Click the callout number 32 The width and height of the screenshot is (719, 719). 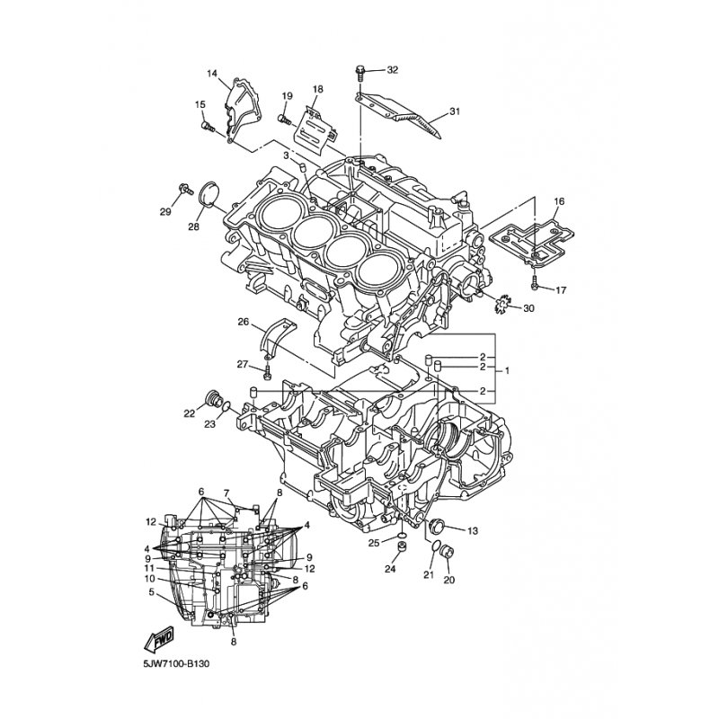pyautogui.click(x=393, y=70)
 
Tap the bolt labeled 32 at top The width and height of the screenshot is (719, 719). pyautogui.click(x=360, y=74)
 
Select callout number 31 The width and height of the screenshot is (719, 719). pyautogui.click(x=455, y=111)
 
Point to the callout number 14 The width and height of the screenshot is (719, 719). pyautogui.click(x=212, y=74)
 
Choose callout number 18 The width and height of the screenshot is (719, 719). pyautogui.click(x=317, y=88)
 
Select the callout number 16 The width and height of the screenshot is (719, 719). pyautogui.click(x=559, y=201)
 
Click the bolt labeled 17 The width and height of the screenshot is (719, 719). pyautogui.click(x=535, y=283)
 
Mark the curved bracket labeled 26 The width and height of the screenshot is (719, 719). pyautogui.click(x=279, y=340)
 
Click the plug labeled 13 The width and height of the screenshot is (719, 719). pyautogui.click(x=434, y=527)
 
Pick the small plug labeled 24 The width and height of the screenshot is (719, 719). pyautogui.click(x=403, y=547)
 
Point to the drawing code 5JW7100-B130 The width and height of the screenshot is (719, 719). pyautogui.click(x=175, y=663)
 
